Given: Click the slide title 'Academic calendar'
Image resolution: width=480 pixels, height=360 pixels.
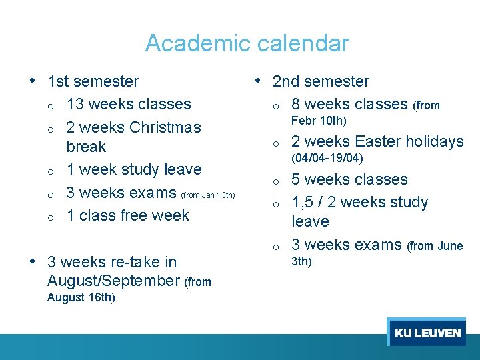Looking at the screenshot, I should (x=247, y=43).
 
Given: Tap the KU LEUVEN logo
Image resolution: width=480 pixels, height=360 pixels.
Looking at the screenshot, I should (x=427, y=333).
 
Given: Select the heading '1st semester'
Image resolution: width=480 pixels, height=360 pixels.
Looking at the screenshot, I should (x=93, y=81).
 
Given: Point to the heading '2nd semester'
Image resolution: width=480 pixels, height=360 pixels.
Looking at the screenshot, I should (x=321, y=81).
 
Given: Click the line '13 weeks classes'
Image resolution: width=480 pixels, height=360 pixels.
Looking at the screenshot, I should (x=129, y=104).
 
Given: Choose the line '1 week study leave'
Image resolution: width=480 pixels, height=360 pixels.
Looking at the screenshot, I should (x=133, y=169).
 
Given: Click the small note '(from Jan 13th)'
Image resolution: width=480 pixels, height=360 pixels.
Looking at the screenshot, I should (x=208, y=195).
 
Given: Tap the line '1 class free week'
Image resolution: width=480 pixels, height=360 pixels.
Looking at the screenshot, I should (x=128, y=215).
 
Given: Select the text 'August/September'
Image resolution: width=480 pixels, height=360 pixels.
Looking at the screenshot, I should (x=113, y=281).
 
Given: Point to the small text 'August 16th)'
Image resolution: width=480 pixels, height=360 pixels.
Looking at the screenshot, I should (x=81, y=297).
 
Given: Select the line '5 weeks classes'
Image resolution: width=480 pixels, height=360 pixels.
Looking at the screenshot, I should (x=349, y=179).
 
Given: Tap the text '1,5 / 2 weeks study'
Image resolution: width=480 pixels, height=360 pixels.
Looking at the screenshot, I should (x=360, y=202).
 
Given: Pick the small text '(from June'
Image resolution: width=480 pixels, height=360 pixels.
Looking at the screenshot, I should (x=435, y=246).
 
